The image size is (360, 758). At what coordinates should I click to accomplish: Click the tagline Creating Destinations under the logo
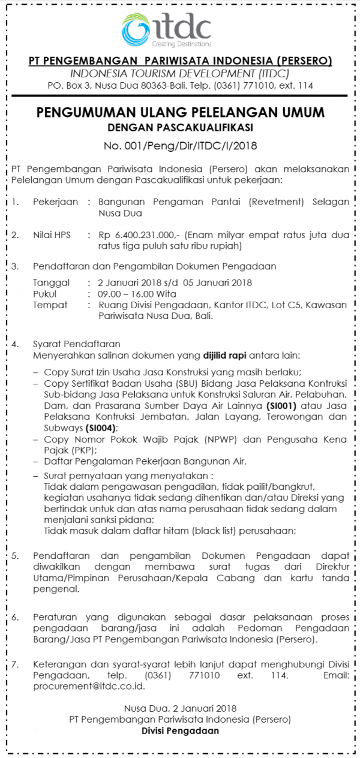[181, 44]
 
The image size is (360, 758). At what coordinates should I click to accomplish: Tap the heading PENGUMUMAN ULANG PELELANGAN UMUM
[180, 112]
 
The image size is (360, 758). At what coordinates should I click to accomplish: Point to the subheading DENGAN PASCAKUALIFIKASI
[180, 127]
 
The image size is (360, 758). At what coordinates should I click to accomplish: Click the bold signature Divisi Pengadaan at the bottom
[180, 730]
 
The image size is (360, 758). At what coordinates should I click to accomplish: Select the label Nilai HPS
[52, 235]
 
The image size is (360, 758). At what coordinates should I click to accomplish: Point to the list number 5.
[15, 555]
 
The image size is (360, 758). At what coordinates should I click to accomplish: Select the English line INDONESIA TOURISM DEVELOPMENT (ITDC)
[180, 74]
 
